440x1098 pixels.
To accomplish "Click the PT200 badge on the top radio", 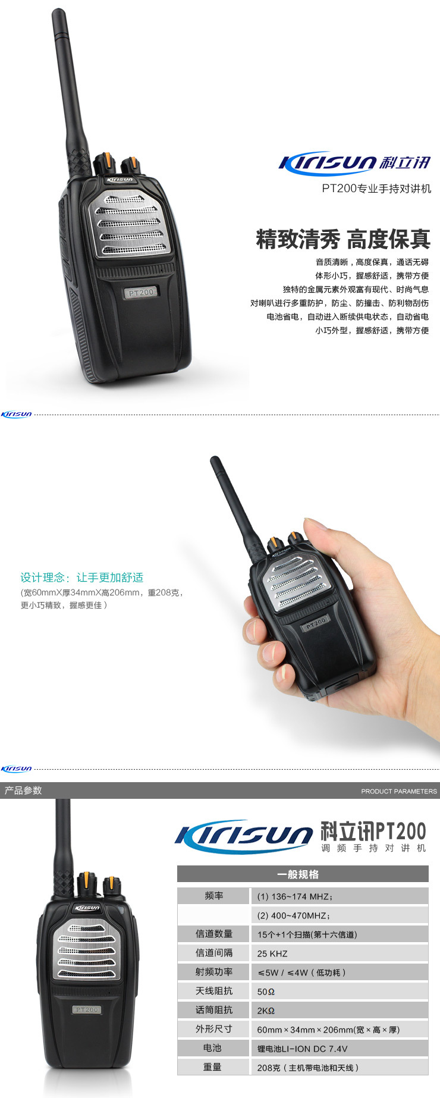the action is click(142, 292).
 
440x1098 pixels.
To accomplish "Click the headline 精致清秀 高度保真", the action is click(343, 239).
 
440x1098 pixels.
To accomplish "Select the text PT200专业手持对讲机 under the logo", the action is click(376, 189).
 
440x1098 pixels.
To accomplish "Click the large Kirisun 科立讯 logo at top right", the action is click(354, 162).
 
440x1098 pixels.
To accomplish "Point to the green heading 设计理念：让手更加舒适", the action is click(82, 578).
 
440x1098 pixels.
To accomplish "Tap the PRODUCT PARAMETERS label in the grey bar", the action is click(399, 791).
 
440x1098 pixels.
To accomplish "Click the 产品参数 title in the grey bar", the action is click(23, 790).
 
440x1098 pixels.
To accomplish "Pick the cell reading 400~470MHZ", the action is click(294, 915).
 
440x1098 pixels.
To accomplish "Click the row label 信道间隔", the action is click(214, 953).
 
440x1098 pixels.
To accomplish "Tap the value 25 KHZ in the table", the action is click(272, 953).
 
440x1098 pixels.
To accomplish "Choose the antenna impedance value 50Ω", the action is click(266, 992).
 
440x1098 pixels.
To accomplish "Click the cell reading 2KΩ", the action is click(266, 1011).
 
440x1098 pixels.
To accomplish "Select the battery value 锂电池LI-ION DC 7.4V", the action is click(302, 1049).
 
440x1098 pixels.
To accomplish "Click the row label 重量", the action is click(212, 1067).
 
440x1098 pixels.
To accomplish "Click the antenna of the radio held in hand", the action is click(237, 503).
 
